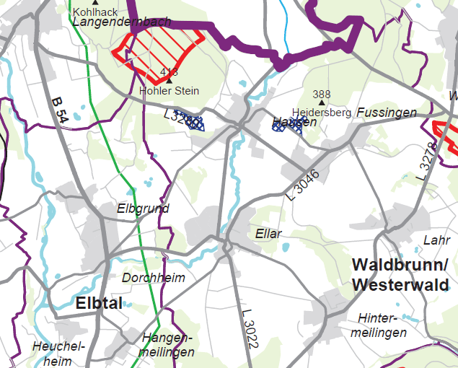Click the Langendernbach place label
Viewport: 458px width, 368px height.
click(x=121, y=22)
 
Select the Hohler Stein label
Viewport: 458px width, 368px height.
click(x=169, y=91)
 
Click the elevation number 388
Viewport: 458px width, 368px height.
click(x=322, y=95)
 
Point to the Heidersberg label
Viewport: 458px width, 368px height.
click(x=322, y=113)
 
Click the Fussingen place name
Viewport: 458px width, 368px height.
click(x=387, y=113)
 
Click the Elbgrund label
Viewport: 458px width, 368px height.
click(x=143, y=209)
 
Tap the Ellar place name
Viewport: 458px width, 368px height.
click(x=268, y=234)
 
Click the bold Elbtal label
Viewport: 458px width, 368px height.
click(x=99, y=303)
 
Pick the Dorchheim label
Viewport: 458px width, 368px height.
click(x=154, y=278)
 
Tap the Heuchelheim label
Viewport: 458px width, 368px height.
click(x=58, y=354)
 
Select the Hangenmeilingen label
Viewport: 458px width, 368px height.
click(x=168, y=345)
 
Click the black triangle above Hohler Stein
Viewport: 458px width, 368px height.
click(x=169, y=80)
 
